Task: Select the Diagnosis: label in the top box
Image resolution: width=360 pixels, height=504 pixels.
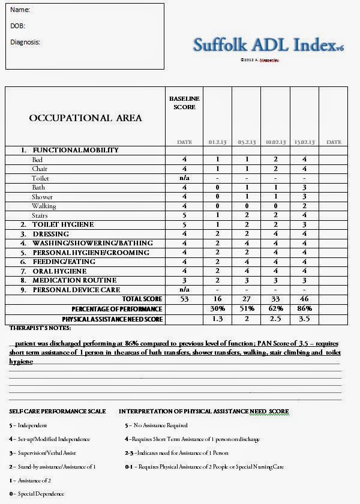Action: pos(25,42)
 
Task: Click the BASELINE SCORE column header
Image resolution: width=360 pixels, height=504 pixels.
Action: pos(184,103)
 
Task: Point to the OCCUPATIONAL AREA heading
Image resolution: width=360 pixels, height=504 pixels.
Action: pos(86,118)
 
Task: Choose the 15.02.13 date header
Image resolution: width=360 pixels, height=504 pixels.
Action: pos(304,142)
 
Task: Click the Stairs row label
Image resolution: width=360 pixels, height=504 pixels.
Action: pos(40,215)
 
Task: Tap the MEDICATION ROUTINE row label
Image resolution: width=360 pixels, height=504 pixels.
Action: pos(74,280)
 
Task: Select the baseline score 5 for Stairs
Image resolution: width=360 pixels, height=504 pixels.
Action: pos(184,215)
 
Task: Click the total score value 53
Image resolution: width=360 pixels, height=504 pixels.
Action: pos(184,299)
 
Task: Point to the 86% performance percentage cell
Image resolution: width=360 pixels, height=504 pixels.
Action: pos(304,308)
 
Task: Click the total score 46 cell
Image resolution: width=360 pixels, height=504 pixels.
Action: pos(304,299)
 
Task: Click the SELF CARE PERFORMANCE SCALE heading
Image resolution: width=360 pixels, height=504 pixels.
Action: pos(58,412)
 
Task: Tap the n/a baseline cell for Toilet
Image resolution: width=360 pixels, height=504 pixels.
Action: pos(184,178)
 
